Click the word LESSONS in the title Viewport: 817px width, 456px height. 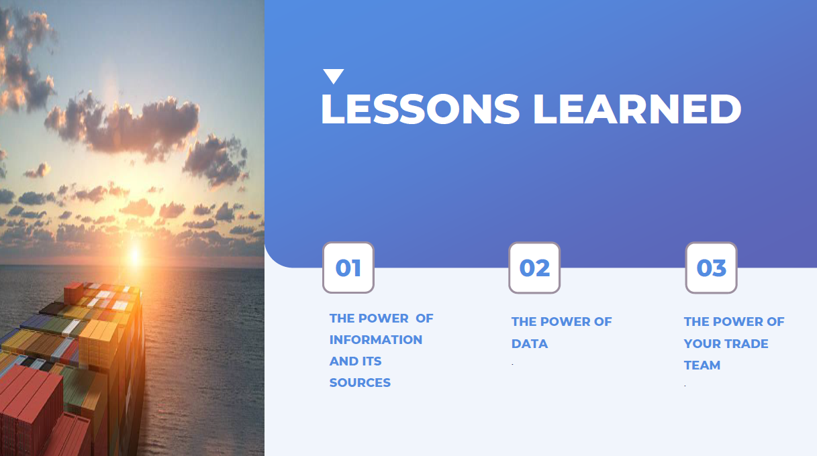pyautogui.click(x=420, y=109)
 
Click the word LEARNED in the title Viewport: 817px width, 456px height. pyautogui.click(x=637, y=109)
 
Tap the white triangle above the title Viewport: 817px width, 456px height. pyautogui.click(x=333, y=76)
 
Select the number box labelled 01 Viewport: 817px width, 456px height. pyautogui.click(x=348, y=268)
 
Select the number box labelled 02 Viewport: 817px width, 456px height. pyautogui.click(x=534, y=268)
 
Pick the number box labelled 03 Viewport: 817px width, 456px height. pyautogui.click(x=711, y=268)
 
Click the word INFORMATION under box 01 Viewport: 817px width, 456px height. pyautogui.click(x=375, y=339)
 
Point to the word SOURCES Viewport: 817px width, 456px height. pyautogui.click(x=360, y=382)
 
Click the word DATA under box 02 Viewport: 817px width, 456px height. pyautogui.click(x=529, y=343)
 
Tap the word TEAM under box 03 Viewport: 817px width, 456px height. pyautogui.click(x=702, y=365)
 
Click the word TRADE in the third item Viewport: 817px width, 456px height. pyautogui.click(x=746, y=343)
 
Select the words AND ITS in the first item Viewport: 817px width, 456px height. pyautogui.click(x=355, y=361)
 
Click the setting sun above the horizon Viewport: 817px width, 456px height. pyautogui.click(x=134, y=253)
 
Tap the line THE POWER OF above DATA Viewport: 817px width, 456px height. pyautogui.click(x=561, y=321)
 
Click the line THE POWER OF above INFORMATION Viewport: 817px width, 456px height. pyautogui.click(x=381, y=318)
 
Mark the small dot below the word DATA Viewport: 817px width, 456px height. pyautogui.click(x=512, y=364)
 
